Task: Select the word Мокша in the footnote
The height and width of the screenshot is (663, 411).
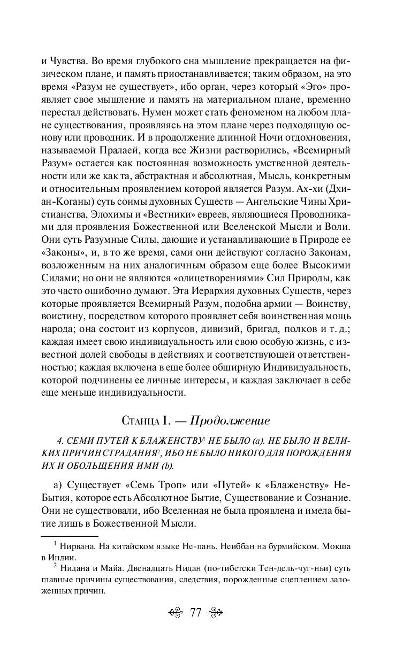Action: coord(337,546)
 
